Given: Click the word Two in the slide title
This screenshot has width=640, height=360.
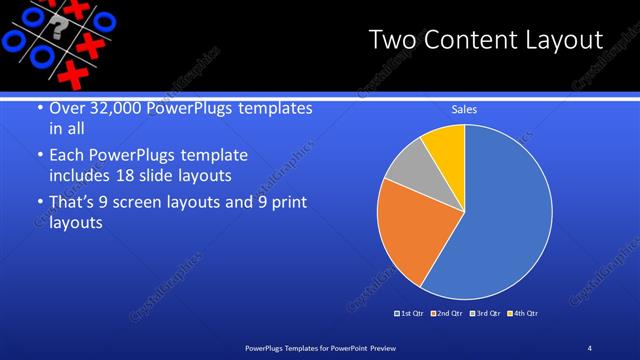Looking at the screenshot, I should click(394, 40).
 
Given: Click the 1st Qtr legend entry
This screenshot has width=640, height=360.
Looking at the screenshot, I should click(410, 313).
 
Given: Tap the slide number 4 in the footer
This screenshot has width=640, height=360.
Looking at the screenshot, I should click(590, 347).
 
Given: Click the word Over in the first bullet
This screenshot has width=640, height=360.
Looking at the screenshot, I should click(67, 108).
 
